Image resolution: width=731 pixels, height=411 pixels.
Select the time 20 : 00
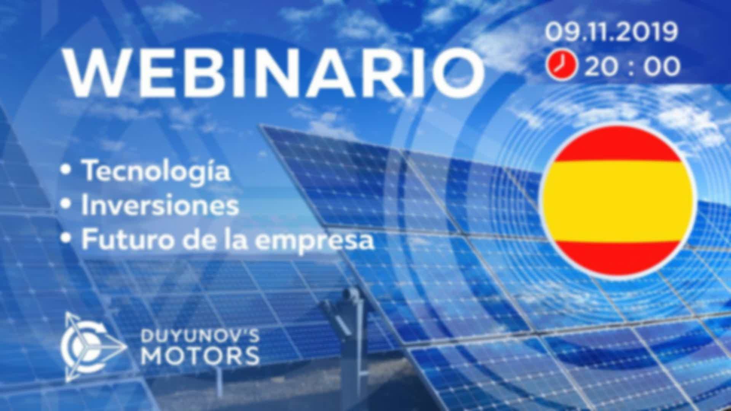632,66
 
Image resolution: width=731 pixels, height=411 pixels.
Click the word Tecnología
156,172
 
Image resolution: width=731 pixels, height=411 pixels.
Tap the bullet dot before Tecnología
67,171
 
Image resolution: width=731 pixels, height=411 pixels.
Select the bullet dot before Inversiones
67,205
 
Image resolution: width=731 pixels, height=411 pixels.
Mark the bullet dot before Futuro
67,239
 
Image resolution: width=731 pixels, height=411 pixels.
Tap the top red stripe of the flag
617,145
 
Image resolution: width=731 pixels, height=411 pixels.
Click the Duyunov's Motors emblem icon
93,347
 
